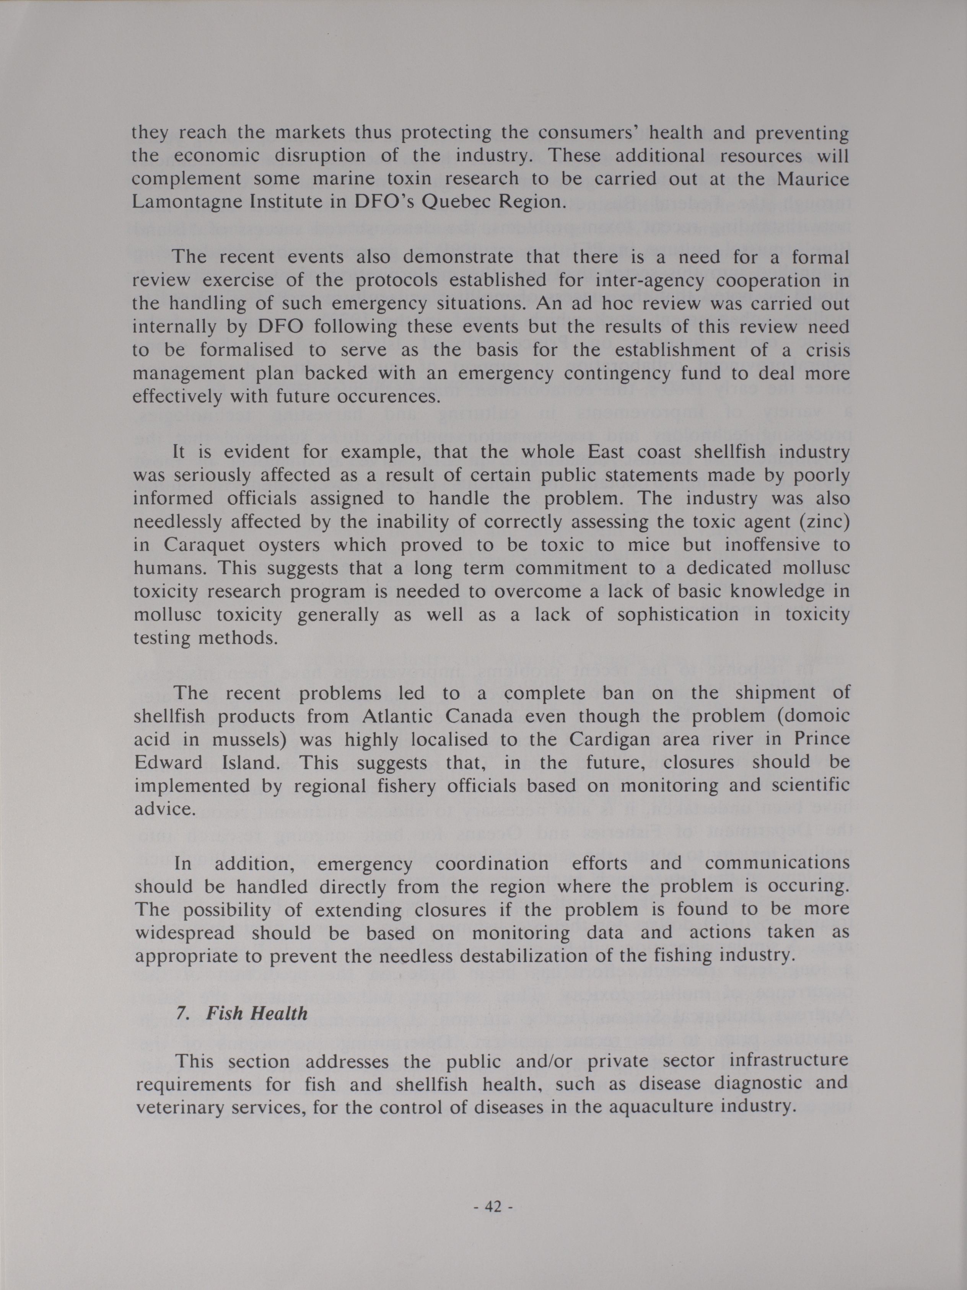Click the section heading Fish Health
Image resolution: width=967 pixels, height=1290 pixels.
coord(257,1013)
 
